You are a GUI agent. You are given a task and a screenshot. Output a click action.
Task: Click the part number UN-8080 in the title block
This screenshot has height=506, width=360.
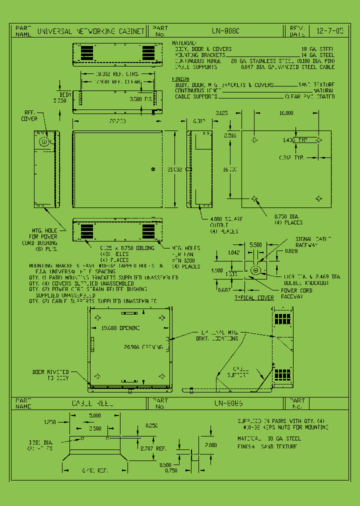225,31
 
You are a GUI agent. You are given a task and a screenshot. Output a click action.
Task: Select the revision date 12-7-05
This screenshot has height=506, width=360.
330,31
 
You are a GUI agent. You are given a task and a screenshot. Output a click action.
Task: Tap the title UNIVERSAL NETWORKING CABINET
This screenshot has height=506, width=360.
90,31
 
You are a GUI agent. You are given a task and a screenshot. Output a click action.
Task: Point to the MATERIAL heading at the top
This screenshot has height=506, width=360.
184,43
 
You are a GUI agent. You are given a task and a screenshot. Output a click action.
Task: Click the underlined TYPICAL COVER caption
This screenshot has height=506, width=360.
254,298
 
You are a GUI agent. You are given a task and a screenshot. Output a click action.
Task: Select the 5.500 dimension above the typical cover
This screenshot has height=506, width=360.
255,245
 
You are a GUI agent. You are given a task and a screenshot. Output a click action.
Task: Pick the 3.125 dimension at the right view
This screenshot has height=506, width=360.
221,113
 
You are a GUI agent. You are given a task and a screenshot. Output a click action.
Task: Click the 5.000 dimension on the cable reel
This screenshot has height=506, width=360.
95,415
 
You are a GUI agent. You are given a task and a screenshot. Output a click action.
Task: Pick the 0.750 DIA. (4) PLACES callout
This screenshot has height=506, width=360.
288,219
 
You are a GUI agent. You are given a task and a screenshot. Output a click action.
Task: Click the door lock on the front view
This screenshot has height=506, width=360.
153,170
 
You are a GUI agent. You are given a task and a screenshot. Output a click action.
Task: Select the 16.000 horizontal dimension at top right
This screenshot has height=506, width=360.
286,113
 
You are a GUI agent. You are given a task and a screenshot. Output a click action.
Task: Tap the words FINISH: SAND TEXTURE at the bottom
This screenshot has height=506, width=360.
267,446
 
